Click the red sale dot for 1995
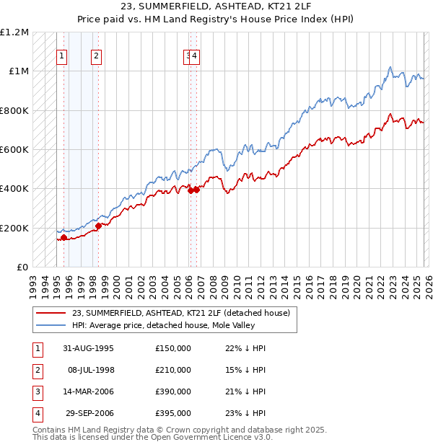(x=64, y=237)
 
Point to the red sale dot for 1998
(x=98, y=226)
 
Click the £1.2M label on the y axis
(x=14, y=32)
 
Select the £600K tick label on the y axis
(x=14, y=150)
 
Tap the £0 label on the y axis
(x=22, y=267)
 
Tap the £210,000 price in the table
(x=172, y=370)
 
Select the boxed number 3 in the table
(x=36, y=391)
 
